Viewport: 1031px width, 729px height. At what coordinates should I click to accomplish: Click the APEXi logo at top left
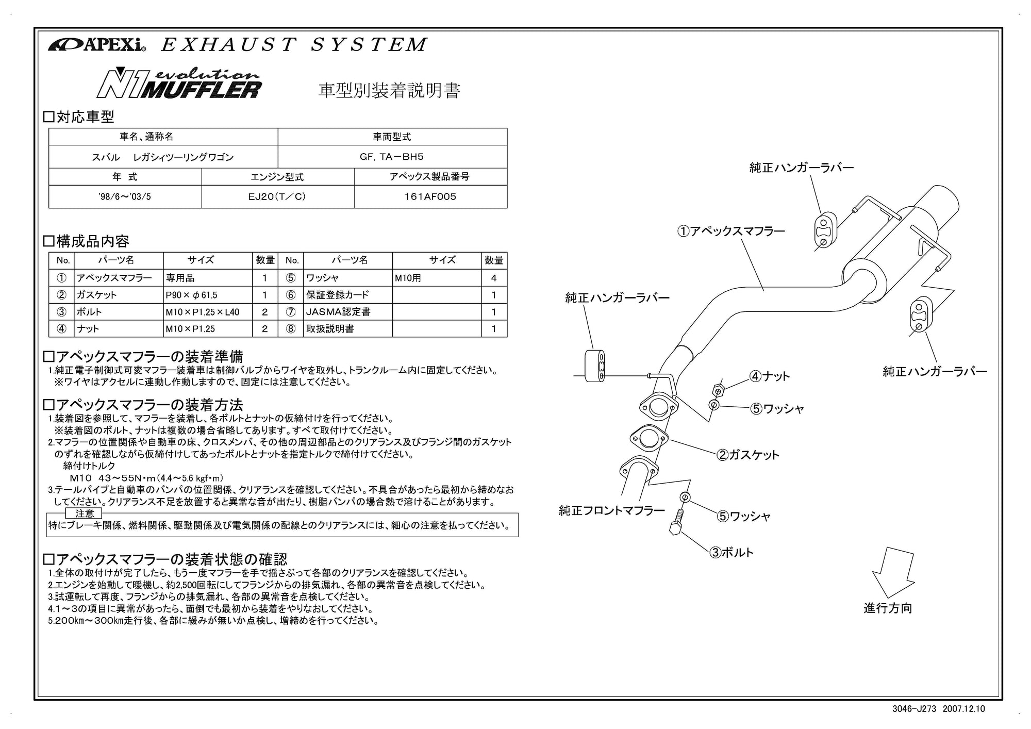97,45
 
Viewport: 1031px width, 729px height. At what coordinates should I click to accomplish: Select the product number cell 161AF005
430,196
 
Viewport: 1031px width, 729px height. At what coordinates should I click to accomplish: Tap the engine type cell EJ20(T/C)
277,196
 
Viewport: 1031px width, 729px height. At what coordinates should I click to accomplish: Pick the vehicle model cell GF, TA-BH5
392,157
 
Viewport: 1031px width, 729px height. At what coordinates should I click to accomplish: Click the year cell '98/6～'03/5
124,196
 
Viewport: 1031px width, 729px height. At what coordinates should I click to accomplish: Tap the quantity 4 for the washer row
494,278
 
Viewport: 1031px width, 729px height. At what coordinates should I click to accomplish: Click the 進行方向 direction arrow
892,572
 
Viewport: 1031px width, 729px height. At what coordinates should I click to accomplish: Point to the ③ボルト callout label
731,552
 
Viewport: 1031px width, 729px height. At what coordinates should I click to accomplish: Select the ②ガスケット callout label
747,455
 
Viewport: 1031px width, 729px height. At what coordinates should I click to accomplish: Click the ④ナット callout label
770,376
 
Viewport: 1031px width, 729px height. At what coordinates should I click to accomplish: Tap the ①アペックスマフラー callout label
731,231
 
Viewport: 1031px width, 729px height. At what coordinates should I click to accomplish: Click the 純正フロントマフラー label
612,510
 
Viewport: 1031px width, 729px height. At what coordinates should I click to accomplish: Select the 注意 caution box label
85,513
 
